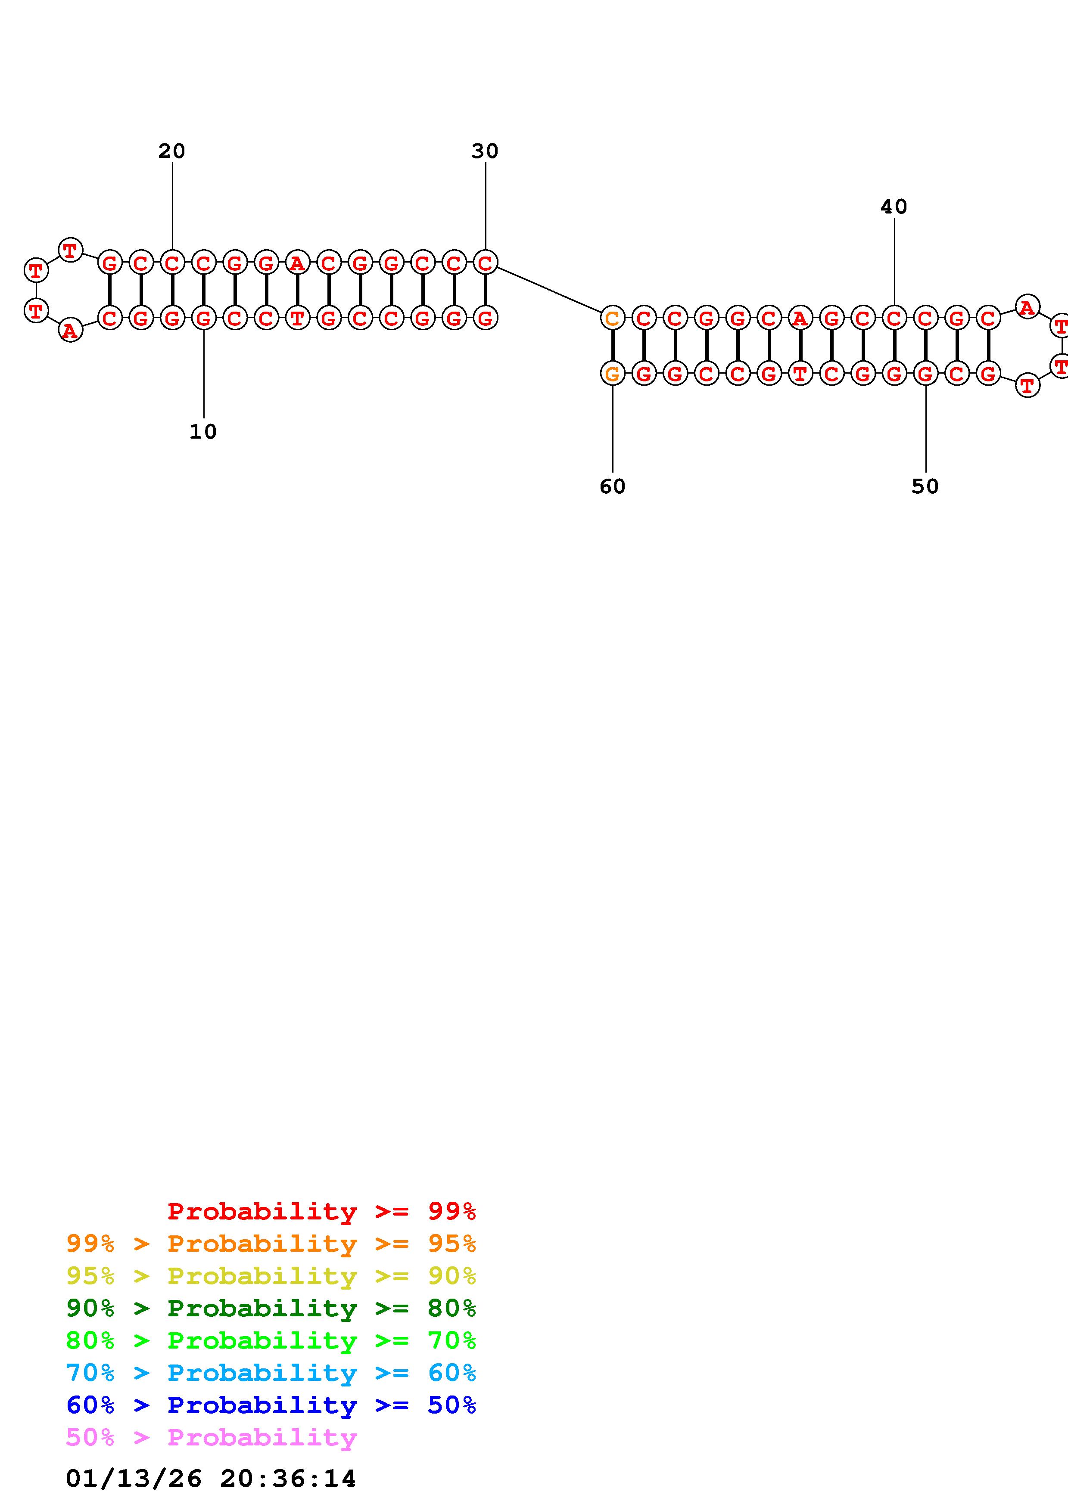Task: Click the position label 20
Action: click(x=172, y=151)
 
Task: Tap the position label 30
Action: click(x=485, y=151)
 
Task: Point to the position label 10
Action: click(x=202, y=431)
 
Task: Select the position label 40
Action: click(x=894, y=207)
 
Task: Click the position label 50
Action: click(x=925, y=486)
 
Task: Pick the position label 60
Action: click(x=612, y=486)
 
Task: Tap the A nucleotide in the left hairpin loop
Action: click(x=70, y=330)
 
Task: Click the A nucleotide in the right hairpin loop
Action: click(x=1027, y=306)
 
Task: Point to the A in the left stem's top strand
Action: click(x=297, y=263)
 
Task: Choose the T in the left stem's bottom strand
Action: click(x=297, y=318)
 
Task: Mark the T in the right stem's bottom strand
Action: click(x=800, y=374)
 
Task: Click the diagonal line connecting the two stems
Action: click(x=549, y=289)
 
